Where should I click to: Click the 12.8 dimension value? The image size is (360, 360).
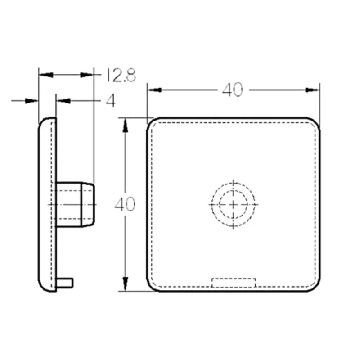click(x=121, y=75)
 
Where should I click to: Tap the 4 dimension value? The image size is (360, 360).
click(x=111, y=100)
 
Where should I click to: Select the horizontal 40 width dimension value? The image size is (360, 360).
click(x=232, y=90)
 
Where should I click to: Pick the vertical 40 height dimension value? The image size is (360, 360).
click(x=125, y=204)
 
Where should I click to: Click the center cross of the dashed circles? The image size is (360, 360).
click(x=233, y=204)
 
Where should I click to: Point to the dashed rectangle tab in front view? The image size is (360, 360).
click(x=234, y=283)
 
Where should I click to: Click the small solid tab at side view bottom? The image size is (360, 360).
click(x=65, y=283)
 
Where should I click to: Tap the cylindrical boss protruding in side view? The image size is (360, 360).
click(x=75, y=205)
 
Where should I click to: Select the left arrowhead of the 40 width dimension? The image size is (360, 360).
click(x=154, y=90)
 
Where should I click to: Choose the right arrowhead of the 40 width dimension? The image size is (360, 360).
click(x=313, y=90)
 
